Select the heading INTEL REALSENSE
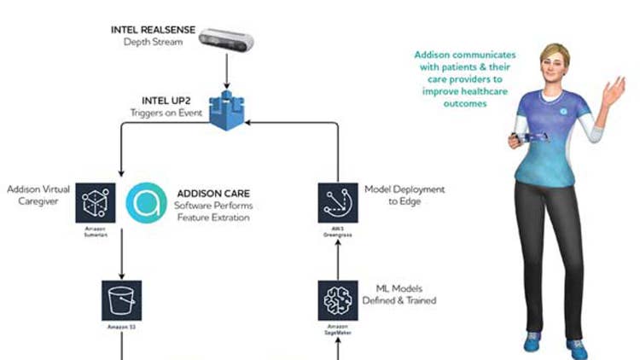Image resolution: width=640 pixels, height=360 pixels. tap(153, 30)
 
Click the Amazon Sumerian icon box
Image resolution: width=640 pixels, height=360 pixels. tap(95, 202)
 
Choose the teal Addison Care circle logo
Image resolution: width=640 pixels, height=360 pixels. tap(148, 202)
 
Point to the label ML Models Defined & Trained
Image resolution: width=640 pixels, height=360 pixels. tap(406, 294)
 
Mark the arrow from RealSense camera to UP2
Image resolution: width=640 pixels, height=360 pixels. tap(228, 68)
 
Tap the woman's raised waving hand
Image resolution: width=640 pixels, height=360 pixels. tap(614, 88)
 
